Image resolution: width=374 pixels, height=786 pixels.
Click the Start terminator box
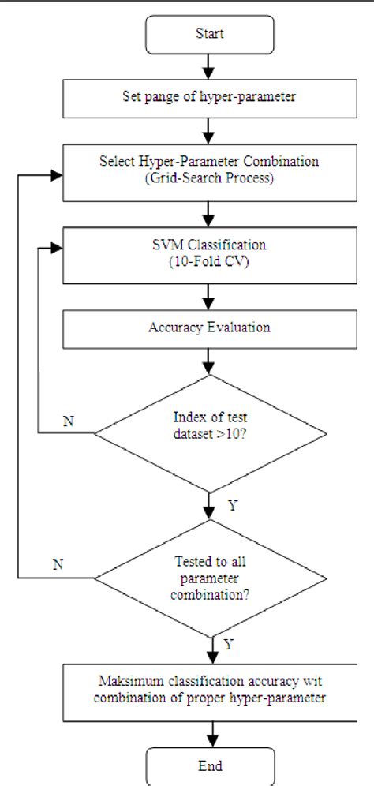(x=209, y=34)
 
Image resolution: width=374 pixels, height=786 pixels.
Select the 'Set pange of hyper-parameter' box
(x=209, y=97)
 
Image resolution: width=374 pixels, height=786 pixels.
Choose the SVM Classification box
(x=209, y=254)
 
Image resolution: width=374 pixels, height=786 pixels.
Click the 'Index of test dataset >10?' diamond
(x=209, y=432)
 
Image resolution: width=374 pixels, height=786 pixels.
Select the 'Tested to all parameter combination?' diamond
(x=209, y=578)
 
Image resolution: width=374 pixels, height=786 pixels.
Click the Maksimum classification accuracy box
(x=209, y=691)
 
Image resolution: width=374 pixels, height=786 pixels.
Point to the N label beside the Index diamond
(x=68, y=421)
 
